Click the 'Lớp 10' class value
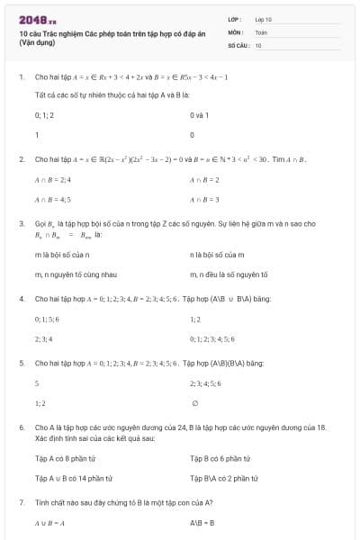[x=264, y=18]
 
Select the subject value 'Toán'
[x=261, y=31]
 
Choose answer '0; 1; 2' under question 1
[x=44, y=115]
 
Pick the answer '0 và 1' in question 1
[x=200, y=115]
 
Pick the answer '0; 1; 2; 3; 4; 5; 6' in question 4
[x=212, y=339]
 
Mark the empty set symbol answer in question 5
[x=195, y=403]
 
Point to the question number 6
[x=21, y=427]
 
